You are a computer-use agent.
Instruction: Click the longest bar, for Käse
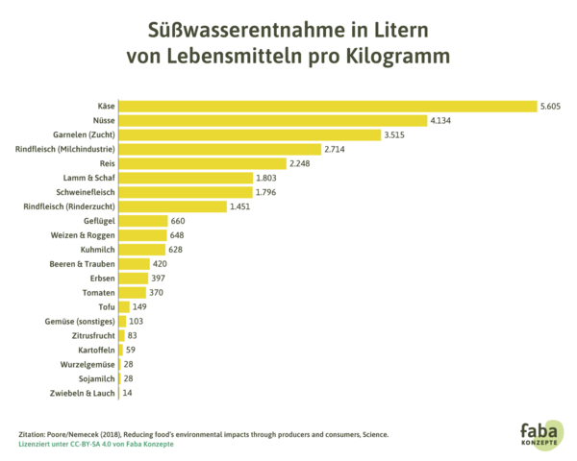coord(328,107)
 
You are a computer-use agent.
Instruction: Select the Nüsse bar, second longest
coord(273,121)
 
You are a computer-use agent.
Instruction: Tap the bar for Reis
coord(203,163)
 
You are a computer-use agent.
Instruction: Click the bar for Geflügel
coord(143,221)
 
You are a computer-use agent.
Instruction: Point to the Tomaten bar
coord(133,292)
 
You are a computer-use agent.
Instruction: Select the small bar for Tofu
coord(125,306)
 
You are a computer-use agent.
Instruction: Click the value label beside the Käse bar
coord(550,107)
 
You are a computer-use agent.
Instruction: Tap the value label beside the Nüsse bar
coord(440,121)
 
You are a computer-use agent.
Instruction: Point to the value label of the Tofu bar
coord(140,306)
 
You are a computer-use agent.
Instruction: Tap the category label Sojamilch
coord(96,378)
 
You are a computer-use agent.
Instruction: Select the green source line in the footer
coord(96,444)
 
